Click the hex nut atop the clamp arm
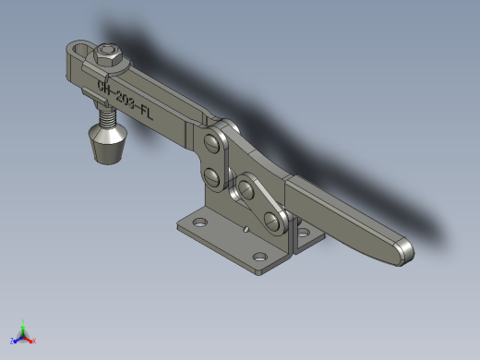107,54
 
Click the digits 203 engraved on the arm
126,99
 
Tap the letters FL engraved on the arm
147,113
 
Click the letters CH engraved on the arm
103,87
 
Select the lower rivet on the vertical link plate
212,177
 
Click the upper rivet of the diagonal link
246,189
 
